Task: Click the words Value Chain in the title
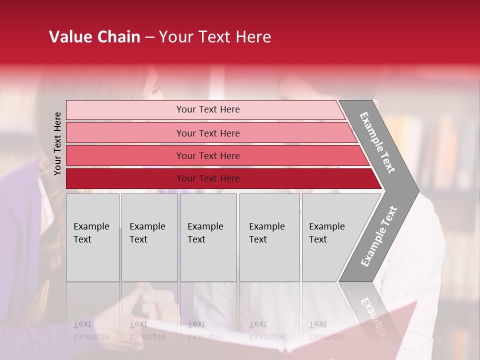pos(94,37)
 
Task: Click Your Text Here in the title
pos(215,37)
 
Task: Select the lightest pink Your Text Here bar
pos(208,109)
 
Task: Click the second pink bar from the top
pos(208,133)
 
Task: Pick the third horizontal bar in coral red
pos(208,155)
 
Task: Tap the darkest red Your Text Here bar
pos(208,178)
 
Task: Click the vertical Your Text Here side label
pos(57,143)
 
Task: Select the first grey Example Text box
pos(92,237)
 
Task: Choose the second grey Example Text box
pos(149,237)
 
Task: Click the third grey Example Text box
pos(208,237)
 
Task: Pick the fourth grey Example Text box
pos(269,237)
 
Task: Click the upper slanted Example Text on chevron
pos(377,142)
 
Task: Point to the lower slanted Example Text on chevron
pos(379,236)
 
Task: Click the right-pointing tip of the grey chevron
pos(416,191)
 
